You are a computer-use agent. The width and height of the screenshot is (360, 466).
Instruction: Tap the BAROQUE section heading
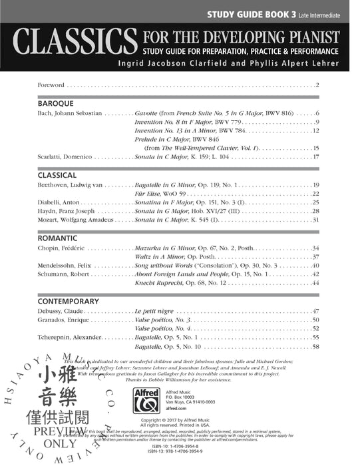pyautogui.click(x=55, y=104)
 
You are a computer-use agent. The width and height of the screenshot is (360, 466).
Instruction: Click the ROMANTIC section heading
pyautogui.click(x=57, y=238)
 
